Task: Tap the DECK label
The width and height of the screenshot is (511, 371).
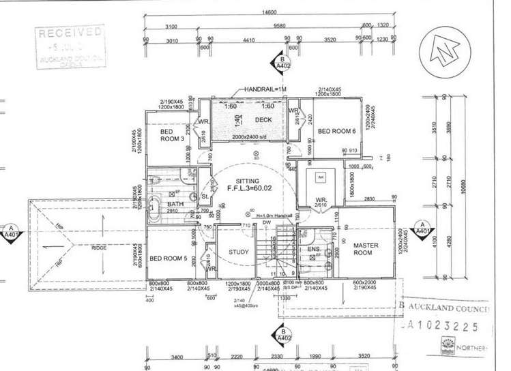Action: tap(263, 120)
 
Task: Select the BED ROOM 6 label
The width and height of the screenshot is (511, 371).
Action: tap(337, 131)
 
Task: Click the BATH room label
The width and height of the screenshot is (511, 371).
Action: tap(175, 204)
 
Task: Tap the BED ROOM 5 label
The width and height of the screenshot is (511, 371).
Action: tap(167, 258)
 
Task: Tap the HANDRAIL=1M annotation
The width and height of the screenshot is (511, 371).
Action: tap(267, 90)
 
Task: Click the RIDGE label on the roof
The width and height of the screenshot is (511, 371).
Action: tap(99, 248)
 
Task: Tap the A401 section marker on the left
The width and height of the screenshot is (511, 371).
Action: tap(12, 233)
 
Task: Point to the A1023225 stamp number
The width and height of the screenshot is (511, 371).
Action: tap(450, 327)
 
